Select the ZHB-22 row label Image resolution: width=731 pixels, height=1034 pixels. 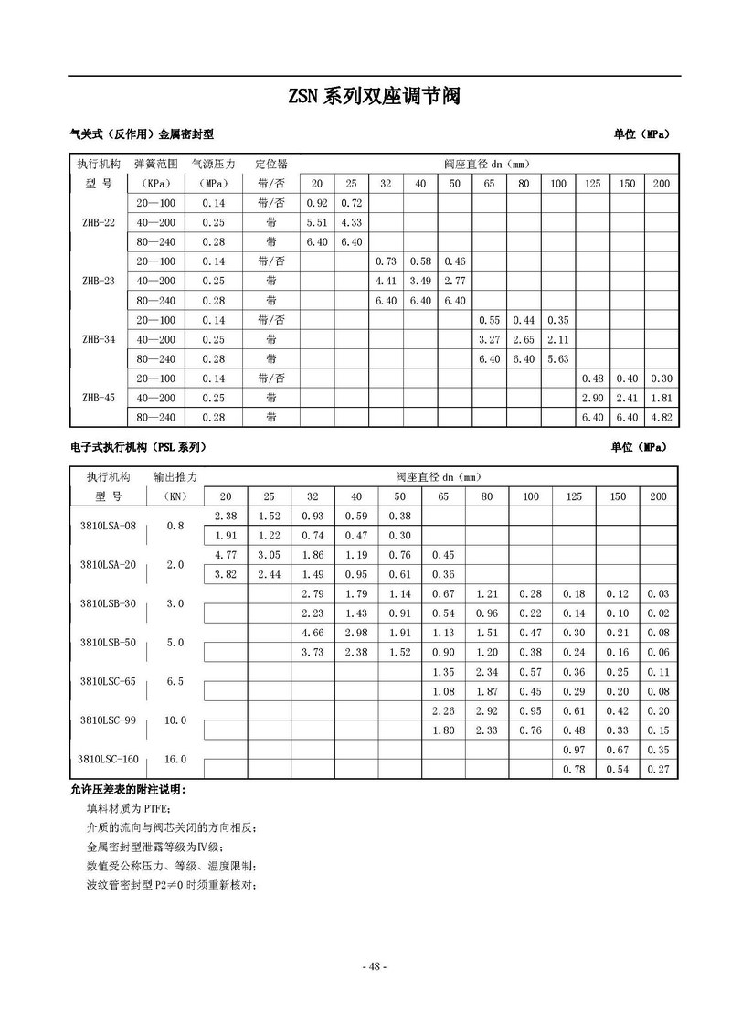point(98,222)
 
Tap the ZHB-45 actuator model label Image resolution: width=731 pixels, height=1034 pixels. point(98,397)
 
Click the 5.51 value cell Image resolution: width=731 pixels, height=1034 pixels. point(317,222)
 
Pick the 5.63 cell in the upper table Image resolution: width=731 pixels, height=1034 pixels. point(557,358)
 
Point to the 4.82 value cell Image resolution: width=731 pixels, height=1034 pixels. point(661,417)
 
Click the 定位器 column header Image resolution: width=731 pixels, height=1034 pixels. point(271,164)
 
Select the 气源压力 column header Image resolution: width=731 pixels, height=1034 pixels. point(213,164)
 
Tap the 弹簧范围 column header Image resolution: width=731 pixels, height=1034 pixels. point(155,164)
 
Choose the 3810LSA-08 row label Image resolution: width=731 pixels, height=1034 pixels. point(107,526)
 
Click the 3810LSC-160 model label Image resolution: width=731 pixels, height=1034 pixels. point(107,760)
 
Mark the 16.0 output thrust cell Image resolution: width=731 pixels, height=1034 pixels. point(175,760)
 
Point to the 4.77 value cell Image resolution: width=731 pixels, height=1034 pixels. point(226,554)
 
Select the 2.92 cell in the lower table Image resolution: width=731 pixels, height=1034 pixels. point(487,710)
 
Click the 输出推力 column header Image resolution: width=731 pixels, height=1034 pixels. point(175,477)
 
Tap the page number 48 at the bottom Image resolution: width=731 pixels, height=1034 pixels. point(375,967)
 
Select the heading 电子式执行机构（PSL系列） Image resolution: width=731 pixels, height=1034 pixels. point(138,447)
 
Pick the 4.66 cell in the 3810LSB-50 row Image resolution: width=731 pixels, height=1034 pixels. point(313,633)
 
